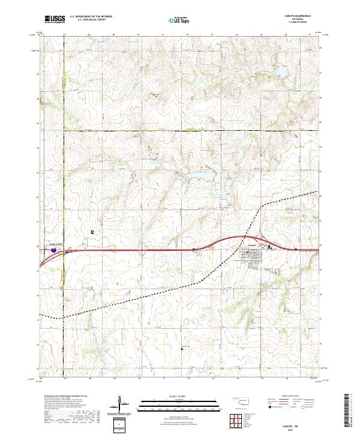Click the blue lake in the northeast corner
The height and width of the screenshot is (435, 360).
pyautogui.click(x=280, y=73)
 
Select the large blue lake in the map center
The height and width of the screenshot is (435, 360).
pyautogui.click(x=202, y=175)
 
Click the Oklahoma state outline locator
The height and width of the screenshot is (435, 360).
pyautogui.click(x=240, y=401)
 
